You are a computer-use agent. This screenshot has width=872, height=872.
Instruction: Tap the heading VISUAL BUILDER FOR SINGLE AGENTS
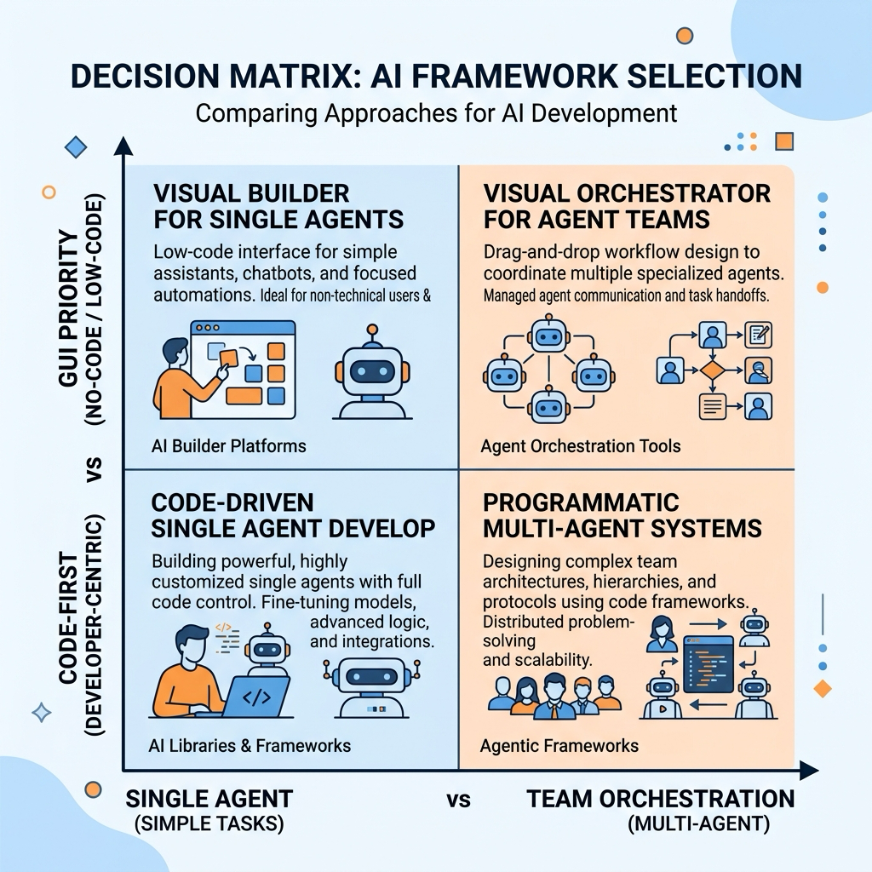(x=278, y=206)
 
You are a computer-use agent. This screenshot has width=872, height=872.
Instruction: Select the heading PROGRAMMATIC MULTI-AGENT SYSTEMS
(x=622, y=515)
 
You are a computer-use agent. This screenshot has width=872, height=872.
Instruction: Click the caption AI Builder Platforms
(x=228, y=446)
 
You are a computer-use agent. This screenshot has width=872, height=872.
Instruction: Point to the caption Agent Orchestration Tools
(x=581, y=446)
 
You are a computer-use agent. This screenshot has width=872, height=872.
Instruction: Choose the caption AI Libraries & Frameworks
(x=250, y=746)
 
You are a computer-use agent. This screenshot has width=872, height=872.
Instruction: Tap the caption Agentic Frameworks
(x=559, y=746)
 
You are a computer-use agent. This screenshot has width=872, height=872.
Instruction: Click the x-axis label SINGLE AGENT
(x=209, y=799)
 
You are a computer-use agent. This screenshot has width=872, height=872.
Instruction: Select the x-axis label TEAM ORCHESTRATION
(x=661, y=799)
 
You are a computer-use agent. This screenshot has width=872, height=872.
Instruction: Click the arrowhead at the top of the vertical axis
(x=123, y=146)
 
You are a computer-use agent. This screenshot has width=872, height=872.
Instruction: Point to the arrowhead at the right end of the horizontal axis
(x=809, y=771)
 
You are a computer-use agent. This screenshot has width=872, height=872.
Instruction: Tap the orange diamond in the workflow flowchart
(x=713, y=370)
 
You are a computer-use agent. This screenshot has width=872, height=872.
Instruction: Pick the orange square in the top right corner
(x=784, y=141)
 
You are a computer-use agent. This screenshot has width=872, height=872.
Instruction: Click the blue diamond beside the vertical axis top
(x=76, y=147)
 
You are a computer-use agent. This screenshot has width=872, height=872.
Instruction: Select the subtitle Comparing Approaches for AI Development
(x=436, y=113)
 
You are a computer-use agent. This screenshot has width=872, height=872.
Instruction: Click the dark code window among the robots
(x=708, y=664)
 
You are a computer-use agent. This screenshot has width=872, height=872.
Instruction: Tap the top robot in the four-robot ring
(x=549, y=335)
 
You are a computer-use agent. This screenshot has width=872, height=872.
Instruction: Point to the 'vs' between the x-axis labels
(x=459, y=800)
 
